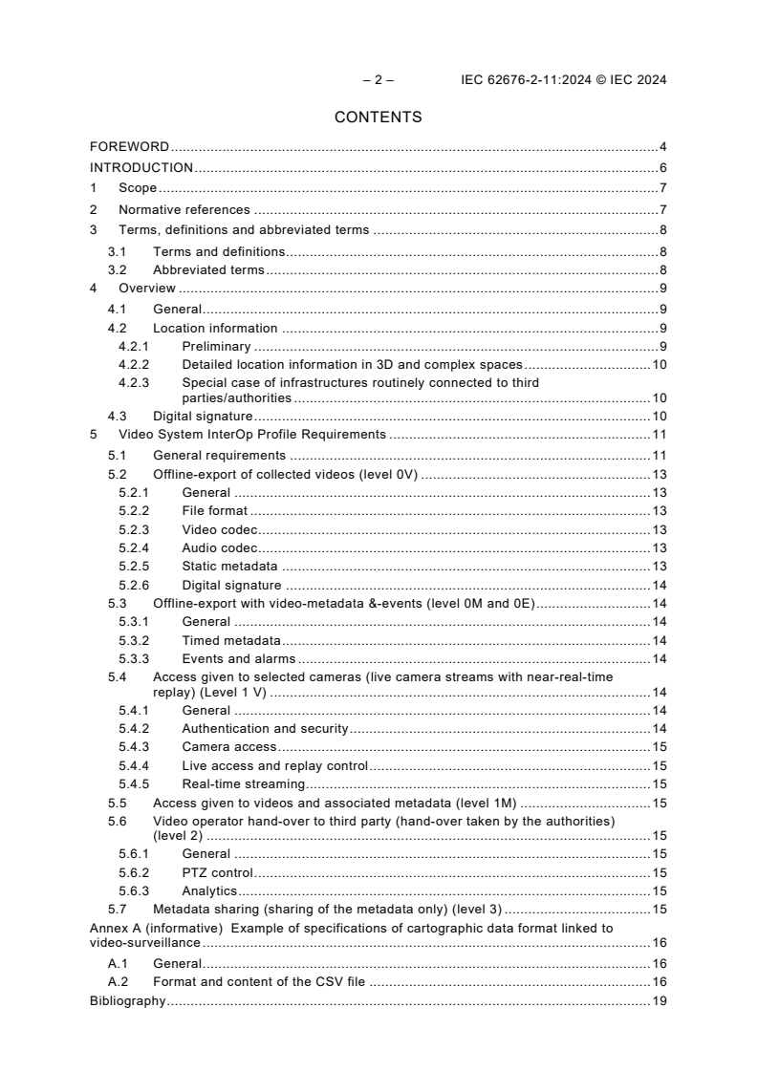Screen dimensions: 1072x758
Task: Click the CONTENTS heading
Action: [x=378, y=118]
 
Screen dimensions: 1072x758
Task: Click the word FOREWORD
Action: [x=129, y=147]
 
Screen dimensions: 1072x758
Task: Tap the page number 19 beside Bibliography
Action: [x=660, y=1001]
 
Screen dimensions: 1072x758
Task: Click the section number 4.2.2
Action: [x=134, y=365]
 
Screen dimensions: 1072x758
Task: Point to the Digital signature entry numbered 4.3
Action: [x=203, y=416]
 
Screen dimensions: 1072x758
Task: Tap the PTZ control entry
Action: [x=217, y=872]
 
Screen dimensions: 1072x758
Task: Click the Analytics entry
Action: [x=209, y=891]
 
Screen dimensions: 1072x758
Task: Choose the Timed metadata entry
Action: [x=231, y=640]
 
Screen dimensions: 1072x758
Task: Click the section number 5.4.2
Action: [x=134, y=729]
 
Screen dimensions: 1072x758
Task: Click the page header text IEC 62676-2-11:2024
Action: [x=539, y=80]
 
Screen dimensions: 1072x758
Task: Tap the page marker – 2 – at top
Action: [x=378, y=80]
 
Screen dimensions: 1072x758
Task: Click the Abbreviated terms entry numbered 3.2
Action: [x=208, y=270]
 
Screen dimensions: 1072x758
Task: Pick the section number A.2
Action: [x=118, y=981]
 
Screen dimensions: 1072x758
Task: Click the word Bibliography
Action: [x=127, y=1001]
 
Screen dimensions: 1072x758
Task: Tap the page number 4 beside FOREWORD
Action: [x=662, y=147]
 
